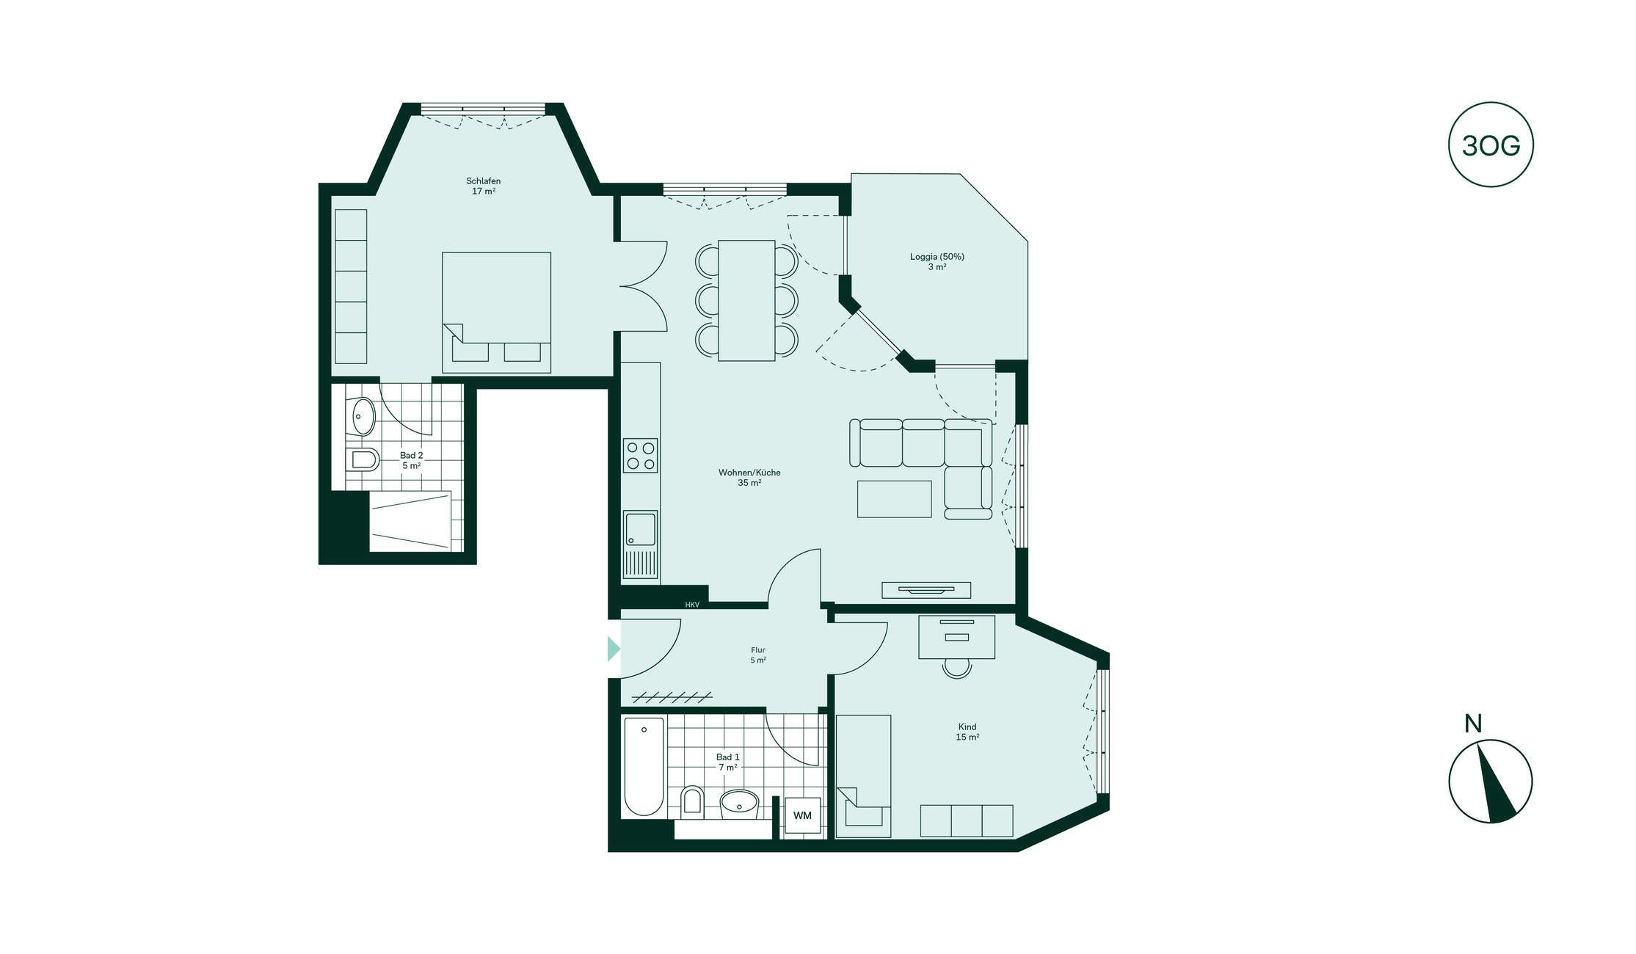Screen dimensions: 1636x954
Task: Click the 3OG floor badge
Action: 1491,145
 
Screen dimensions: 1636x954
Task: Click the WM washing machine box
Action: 802,815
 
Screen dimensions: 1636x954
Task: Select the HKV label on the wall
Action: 692,605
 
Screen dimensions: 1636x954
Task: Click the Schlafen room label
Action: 484,186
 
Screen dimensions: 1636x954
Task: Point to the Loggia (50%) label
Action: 937,261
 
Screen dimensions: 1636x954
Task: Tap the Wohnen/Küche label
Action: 749,477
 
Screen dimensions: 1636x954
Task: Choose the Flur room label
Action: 758,655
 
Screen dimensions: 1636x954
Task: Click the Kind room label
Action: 967,732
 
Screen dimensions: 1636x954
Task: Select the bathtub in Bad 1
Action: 644,766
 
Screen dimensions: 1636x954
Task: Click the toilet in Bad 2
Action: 363,459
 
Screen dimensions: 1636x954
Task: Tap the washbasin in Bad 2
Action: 363,417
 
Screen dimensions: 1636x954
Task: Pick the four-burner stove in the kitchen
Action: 640,455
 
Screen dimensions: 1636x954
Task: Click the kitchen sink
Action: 640,544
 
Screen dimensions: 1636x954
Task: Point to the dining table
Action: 746,300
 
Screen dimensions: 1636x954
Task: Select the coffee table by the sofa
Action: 894,499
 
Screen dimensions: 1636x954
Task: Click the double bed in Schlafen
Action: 496,313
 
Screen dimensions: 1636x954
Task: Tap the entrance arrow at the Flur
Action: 614,649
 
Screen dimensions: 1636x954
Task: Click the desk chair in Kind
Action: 957,667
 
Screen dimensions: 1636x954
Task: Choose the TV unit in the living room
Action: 926,590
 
